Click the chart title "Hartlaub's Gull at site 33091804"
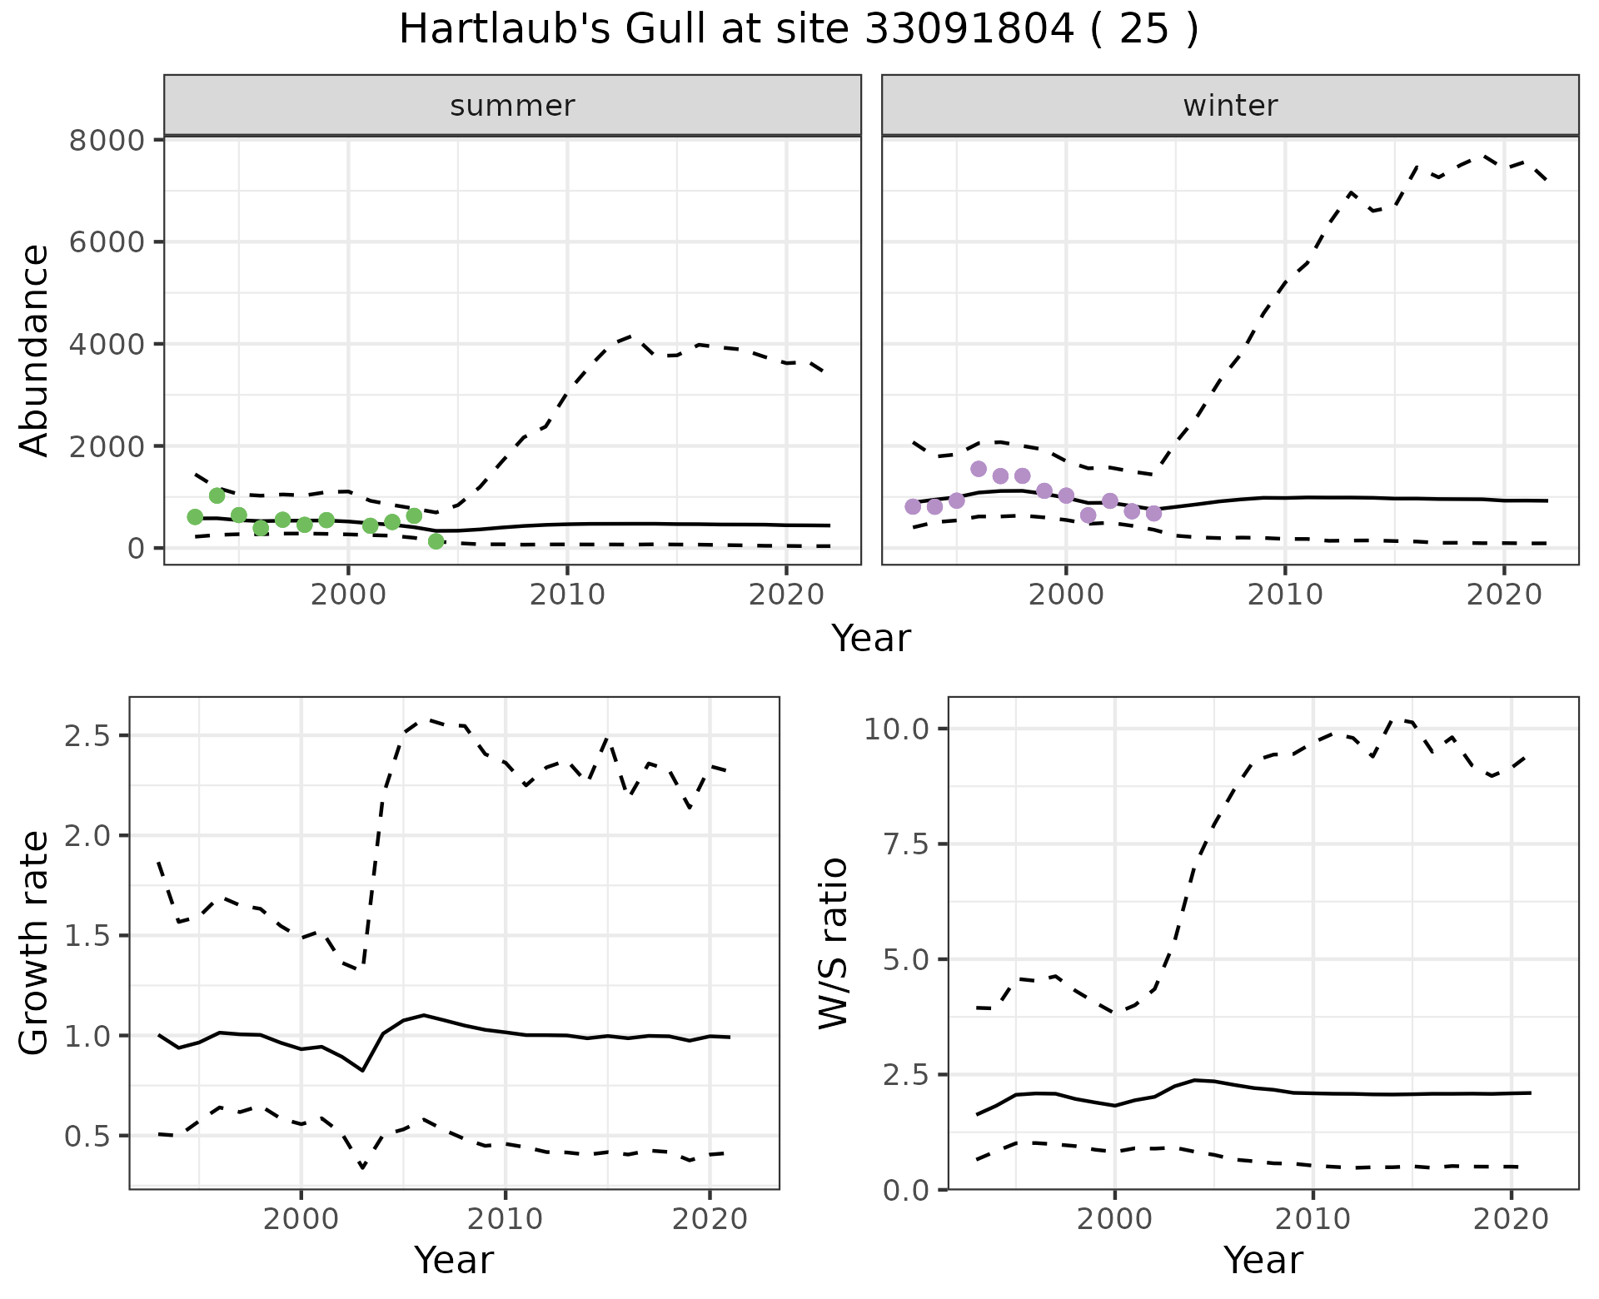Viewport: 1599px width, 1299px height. pyautogui.click(x=798, y=30)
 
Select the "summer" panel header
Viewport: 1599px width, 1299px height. pyautogui.click(x=512, y=106)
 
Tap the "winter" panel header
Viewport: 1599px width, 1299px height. pyautogui.click(x=1230, y=106)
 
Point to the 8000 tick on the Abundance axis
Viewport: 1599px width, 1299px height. pyautogui.click(x=107, y=140)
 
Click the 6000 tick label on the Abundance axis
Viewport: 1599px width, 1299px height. pyautogui.click(x=107, y=242)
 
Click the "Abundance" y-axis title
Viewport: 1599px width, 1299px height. pyautogui.click(x=35, y=350)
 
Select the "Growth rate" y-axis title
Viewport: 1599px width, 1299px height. pyautogui.click(x=35, y=943)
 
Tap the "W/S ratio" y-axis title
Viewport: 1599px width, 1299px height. pyautogui.click(x=833, y=943)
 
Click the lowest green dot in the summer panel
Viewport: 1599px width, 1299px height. pyautogui.click(x=436, y=541)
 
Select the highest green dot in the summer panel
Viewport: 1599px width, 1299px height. pyautogui.click(x=217, y=495)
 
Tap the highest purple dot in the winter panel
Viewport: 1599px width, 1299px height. pyautogui.click(x=979, y=469)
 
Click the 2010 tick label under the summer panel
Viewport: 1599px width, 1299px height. pyautogui.click(x=567, y=595)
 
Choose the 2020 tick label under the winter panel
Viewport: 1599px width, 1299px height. pyautogui.click(x=1504, y=595)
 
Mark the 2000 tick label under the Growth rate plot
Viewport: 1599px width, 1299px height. pyautogui.click(x=301, y=1220)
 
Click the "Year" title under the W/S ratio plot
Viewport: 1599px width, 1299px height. pyautogui.click(x=1263, y=1261)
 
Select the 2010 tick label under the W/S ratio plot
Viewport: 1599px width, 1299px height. pyautogui.click(x=1313, y=1220)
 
